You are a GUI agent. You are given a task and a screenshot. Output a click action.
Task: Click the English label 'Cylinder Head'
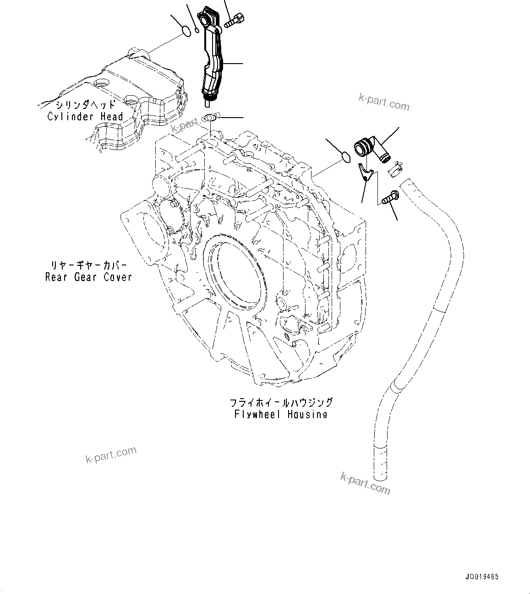click(86, 117)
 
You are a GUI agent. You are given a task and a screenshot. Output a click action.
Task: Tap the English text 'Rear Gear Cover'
click(88, 277)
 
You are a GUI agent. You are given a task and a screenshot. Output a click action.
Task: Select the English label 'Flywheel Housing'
click(280, 415)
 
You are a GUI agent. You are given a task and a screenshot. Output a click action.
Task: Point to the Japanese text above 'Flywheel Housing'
click(281, 403)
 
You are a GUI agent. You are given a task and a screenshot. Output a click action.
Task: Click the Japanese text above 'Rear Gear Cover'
click(88, 265)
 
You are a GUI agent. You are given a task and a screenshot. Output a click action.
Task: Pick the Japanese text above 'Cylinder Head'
click(86, 105)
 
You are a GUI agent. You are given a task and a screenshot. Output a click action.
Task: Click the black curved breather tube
click(212, 64)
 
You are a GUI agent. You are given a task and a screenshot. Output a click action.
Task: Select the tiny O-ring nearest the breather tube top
click(197, 31)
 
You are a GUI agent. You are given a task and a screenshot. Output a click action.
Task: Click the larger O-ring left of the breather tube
click(186, 31)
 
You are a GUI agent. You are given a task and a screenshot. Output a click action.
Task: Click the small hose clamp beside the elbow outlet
click(394, 169)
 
